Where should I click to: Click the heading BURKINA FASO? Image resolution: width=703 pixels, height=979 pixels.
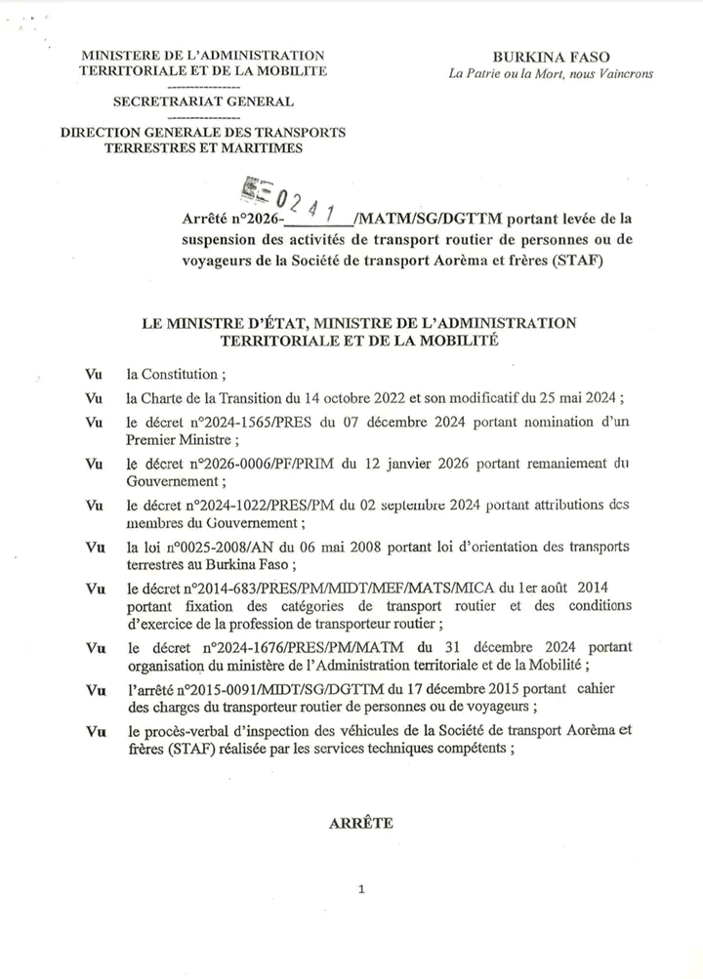(552, 58)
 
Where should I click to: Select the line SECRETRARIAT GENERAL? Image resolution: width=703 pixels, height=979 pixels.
(203, 101)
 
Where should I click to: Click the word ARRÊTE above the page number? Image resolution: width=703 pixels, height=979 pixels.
(361, 823)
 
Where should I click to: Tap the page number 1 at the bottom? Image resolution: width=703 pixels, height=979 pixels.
(361, 889)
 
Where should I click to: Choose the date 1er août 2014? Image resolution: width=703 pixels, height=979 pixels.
(573, 590)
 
